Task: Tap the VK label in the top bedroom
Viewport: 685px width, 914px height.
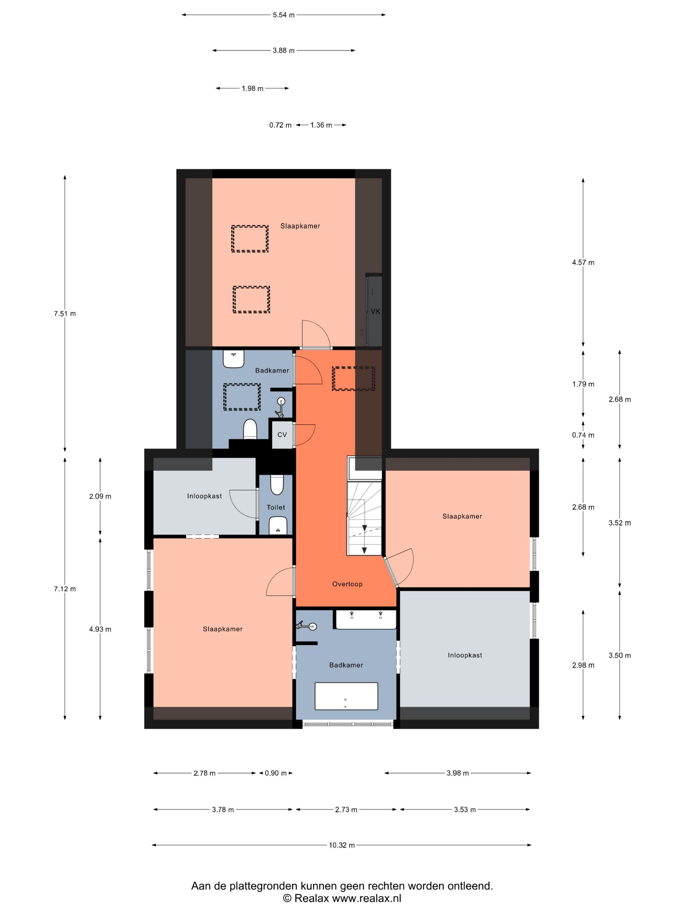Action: [x=375, y=311]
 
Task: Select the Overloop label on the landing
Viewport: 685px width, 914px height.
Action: [x=347, y=584]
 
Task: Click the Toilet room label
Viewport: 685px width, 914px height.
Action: [x=276, y=507]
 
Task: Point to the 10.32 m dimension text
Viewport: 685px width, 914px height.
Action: [x=342, y=845]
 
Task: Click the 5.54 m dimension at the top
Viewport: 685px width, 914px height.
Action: [x=284, y=15]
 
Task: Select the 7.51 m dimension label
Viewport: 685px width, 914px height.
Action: [x=65, y=314]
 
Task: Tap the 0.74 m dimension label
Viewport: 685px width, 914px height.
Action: [x=583, y=435]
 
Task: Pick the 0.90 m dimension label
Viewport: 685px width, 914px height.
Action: [x=275, y=773]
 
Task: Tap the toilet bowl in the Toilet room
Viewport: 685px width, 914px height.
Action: [x=277, y=485]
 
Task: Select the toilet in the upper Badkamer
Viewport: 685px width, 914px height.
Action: [x=250, y=429]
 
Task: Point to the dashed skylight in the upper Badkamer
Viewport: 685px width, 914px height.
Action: [x=242, y=397]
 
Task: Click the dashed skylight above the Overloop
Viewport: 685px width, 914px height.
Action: [x=354, y=378]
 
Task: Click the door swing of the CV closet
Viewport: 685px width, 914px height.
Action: [x=306, y=435]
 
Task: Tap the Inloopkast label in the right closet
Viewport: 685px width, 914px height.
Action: [x=465, y=655]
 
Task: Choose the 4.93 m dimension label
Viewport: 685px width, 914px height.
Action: [x=100, y=629]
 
